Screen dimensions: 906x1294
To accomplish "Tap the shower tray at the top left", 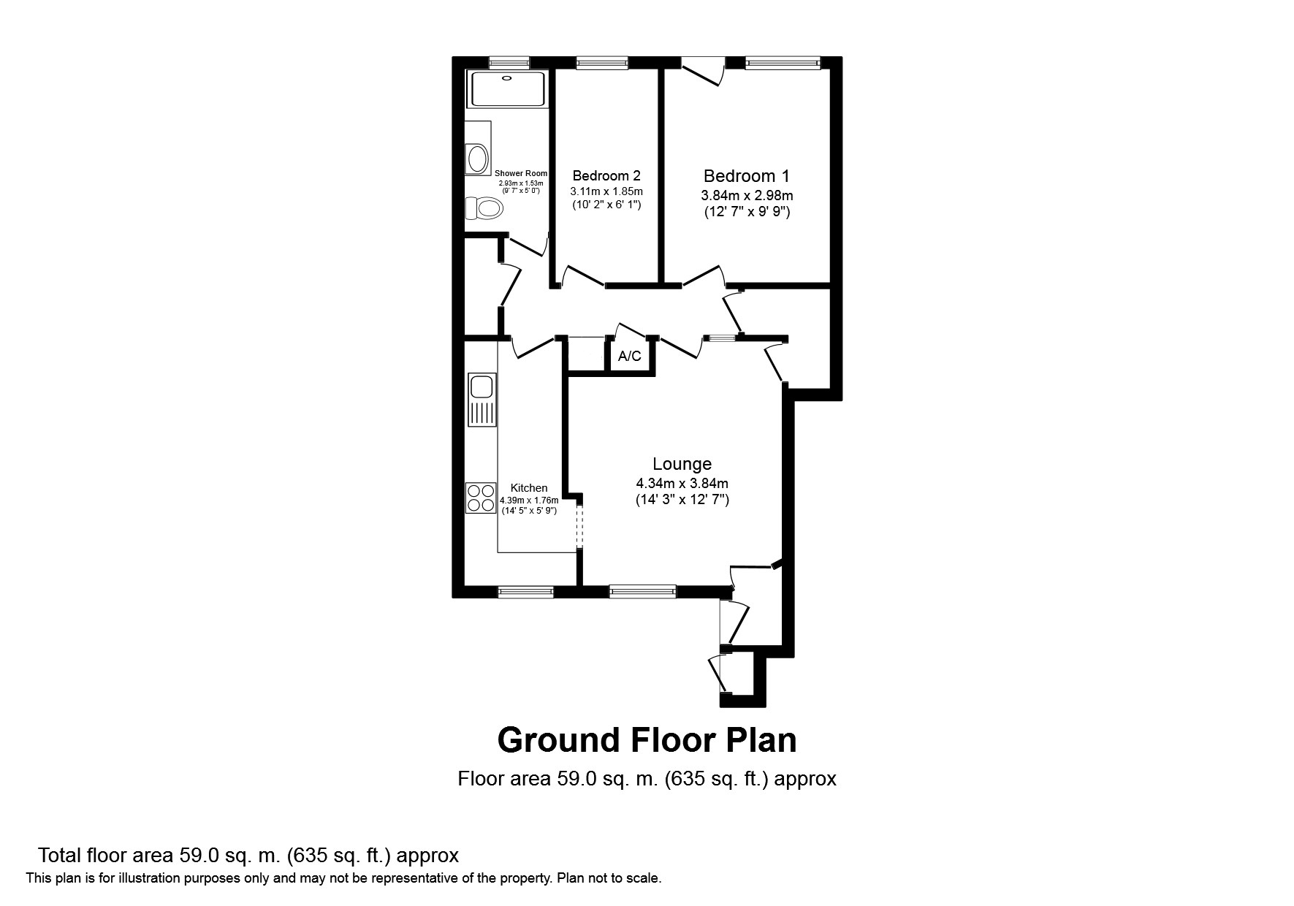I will pos(507,89).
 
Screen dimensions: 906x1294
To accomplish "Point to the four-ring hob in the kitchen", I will pos(481,498).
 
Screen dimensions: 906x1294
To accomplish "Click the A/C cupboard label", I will pos(629,357).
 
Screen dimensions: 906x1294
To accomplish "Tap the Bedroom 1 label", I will pos(746,176).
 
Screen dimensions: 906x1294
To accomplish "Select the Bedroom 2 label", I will pos(606,176).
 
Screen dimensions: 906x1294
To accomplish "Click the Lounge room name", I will pos(682,464).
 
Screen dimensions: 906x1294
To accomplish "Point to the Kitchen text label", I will pos(528,488).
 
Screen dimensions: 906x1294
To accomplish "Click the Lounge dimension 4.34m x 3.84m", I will pos(682,484).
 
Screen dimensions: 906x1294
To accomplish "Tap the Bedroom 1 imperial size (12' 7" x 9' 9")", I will pos(747,213).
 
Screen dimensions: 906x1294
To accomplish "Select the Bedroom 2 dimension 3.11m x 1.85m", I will pos(606,191).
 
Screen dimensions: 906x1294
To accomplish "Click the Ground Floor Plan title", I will pos(647,740).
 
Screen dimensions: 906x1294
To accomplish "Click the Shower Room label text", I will pos(520,173).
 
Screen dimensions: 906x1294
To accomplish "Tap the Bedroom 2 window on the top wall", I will pos(601,64).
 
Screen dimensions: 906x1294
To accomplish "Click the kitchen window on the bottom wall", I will pos(525,592).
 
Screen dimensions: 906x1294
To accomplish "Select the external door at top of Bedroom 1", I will pos(702,70).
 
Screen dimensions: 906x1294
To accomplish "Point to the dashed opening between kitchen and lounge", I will pos(578,525).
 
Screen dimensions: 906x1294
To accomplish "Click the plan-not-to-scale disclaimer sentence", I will pos(343,878).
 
